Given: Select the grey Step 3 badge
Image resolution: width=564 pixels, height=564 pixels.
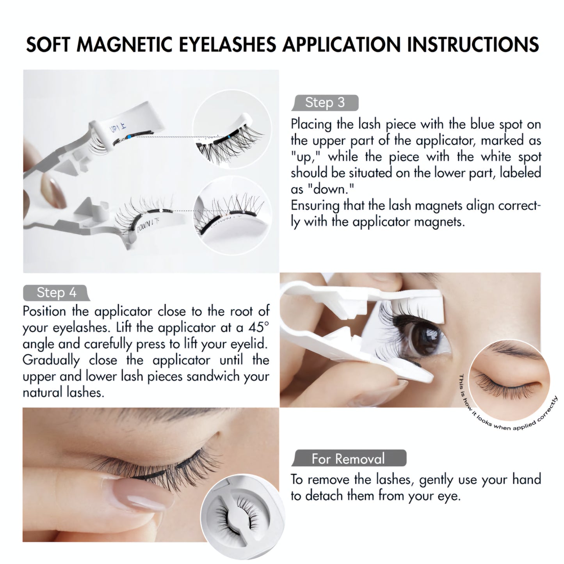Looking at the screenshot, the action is [x=325, y=103].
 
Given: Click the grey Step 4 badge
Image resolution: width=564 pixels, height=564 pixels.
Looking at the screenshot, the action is [x=56, y=292].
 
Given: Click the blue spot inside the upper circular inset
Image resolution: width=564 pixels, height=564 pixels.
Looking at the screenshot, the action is [x=230, y=137].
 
